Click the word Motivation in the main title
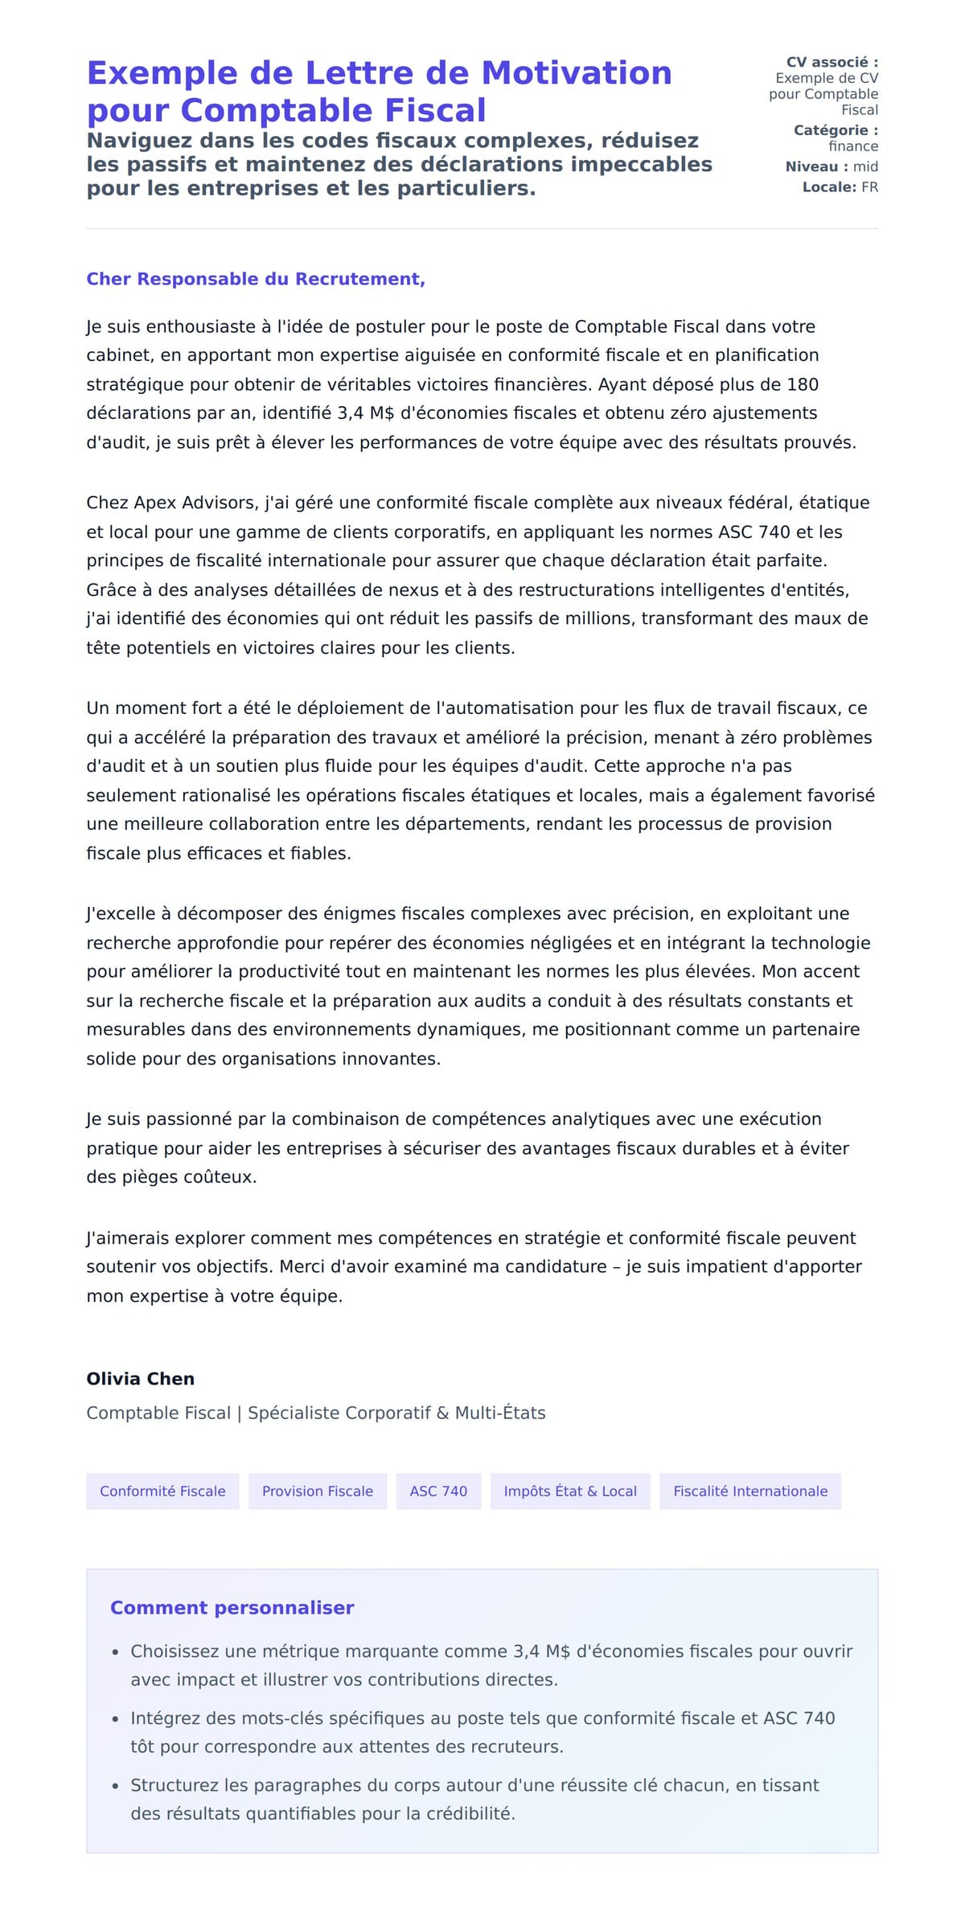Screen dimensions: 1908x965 pyautogui.click(x=576, y=73)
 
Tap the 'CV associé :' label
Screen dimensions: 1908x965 pyautogui.click(x=832, y=62)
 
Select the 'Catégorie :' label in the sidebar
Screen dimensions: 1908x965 pyautogui.click(x=836, y=130)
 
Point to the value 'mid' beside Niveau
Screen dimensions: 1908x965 pyautogui.click(x=865, y=166)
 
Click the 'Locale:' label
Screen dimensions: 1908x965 pyautogui.click(x=829, y=187)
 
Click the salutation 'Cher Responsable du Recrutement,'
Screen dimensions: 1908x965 pyautogui.click(x=256, y=279)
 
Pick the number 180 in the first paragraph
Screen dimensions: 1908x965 pyautogui.click(x=803, y=384)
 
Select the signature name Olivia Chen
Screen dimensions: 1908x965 pyautogui.click(x=141, y=1379)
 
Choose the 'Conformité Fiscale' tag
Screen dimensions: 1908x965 pyautogui.click(x=162, y=1492)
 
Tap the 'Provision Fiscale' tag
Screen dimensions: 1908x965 pyautogui.click(x=318, y=1492)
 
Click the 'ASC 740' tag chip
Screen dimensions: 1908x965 pyautogui.click(x=438, y=1492)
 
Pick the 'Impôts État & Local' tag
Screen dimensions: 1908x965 pyautogui.click(x=570, y=1492)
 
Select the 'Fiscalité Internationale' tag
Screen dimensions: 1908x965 pyautogui.click(x=750, y=1492)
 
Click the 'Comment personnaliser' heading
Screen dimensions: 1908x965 pyautogui.click(x=232, y=1607)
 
